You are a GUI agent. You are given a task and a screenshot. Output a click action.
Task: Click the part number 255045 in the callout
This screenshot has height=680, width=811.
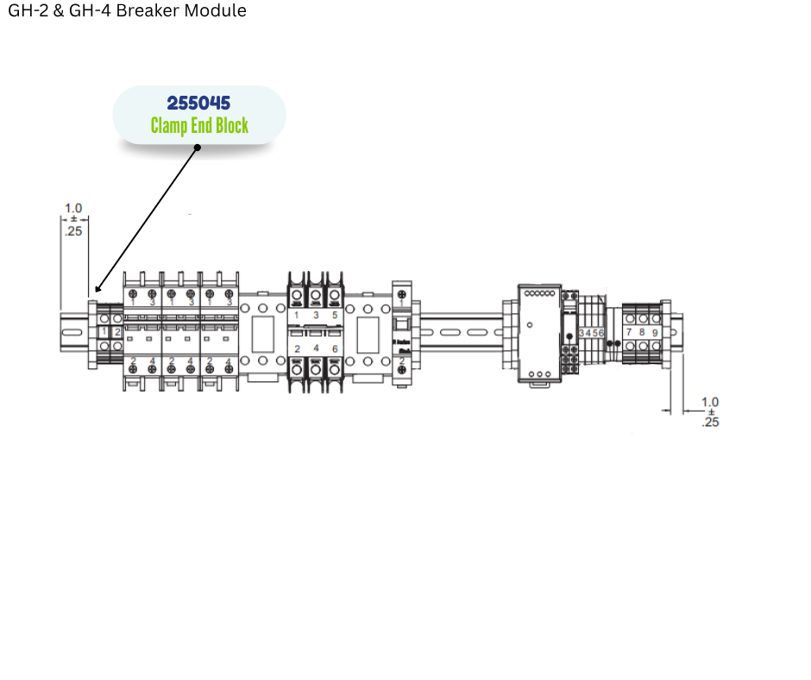click(x=198, y=104)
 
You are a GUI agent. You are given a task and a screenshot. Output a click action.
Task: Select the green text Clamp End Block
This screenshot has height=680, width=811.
click(x=199, y=126)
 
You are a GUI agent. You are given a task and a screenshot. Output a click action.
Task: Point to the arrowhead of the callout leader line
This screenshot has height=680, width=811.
click(x=97, y=290)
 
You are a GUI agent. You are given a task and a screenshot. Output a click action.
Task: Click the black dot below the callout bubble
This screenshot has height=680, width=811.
click(x=197, y=148)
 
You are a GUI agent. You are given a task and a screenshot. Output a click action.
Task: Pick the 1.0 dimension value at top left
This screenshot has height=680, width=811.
click(x=73, y=208)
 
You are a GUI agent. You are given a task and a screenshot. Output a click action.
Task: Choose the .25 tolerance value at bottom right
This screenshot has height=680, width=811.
click(x=710, y=422)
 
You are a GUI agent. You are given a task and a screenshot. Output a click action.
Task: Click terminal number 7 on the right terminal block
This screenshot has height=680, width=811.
click(x=629, y=332)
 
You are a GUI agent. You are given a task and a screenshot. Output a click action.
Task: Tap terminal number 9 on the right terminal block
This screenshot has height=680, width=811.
click(x=655, y=332)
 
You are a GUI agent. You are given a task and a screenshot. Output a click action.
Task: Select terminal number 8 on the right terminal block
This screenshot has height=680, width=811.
click(x=642, y=332)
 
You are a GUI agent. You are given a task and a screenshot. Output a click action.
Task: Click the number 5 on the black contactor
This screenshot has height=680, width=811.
click(x=335, y=316)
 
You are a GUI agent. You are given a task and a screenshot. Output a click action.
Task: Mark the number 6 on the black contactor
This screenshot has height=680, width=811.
click(x=335, y=348)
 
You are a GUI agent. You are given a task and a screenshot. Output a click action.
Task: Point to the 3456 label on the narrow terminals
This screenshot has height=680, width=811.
click(x=592, y=332)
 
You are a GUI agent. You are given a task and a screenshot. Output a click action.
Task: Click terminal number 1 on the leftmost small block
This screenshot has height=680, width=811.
click(x=104, y=331)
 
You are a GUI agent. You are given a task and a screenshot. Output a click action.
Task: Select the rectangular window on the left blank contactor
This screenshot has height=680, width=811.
click(x=262, y=331)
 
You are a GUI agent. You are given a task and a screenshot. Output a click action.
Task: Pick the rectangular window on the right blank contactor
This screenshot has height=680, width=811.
click(x=368, y=331)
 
